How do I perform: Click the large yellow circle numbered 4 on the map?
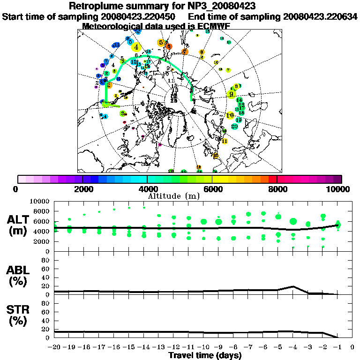tap(136, 47)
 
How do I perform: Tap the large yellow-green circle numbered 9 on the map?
tap(231, 94)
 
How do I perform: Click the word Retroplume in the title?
tap(96, 7)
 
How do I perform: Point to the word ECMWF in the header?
tap(214, 26)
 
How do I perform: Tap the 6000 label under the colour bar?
tap(212, 189)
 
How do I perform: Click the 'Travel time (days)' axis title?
tap(205, 356)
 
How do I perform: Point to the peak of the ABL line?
tap(293, 286)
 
